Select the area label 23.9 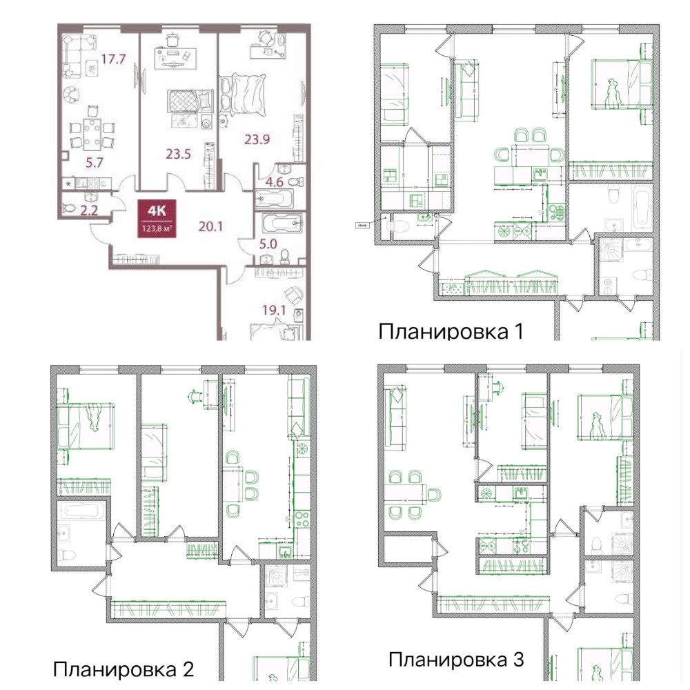click(x=257, y=139)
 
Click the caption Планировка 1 click(x=451, y=332)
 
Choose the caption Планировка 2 click(x=124, y=669)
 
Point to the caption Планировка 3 click(x=456, y=659)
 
